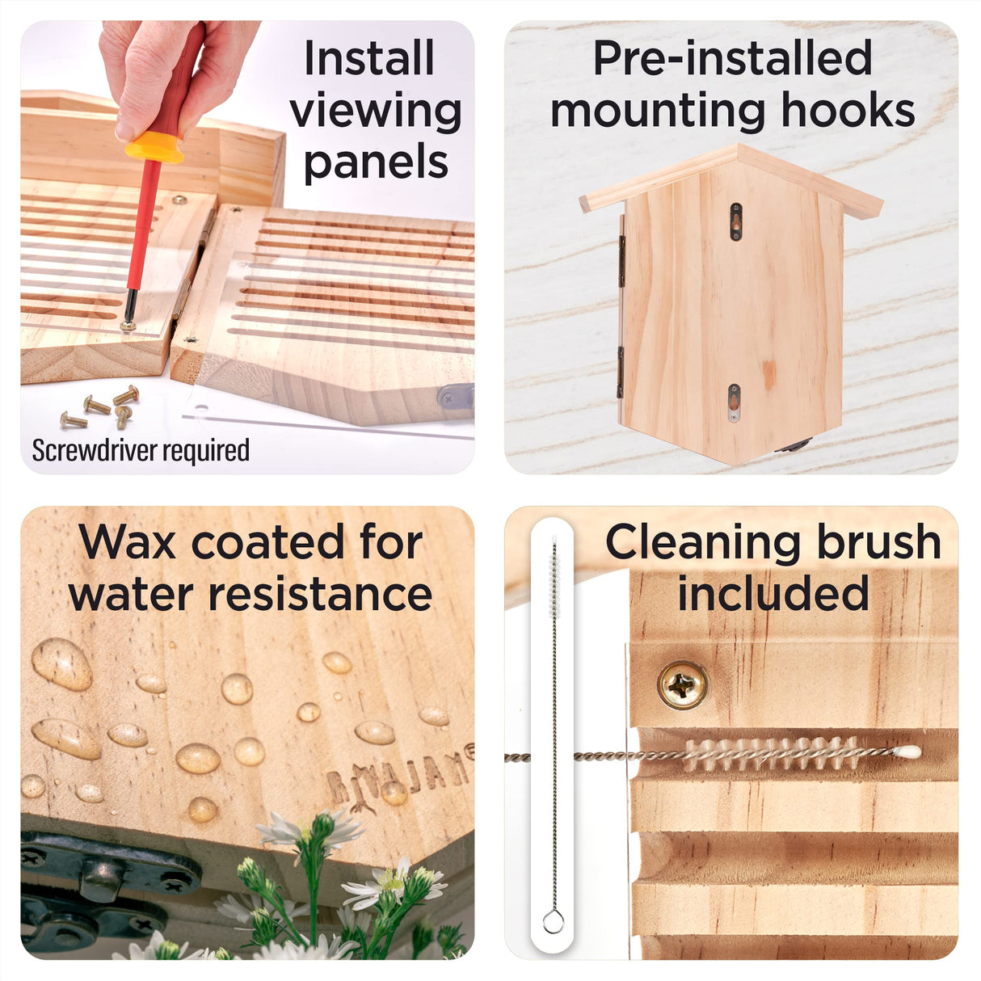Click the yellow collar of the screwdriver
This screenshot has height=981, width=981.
155,147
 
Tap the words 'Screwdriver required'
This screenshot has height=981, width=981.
141,451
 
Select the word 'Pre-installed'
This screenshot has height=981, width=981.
733,58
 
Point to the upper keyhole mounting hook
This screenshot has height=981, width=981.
735,221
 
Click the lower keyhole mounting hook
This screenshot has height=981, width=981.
734,402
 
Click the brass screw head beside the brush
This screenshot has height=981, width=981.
683,684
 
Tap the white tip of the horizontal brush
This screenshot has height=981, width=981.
907,752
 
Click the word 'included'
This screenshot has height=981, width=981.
774,593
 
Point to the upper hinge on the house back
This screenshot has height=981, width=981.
621,259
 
